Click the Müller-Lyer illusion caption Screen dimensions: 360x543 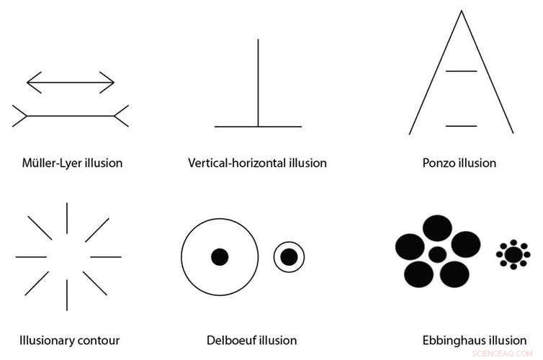pyautogui.click(x=72, y=163)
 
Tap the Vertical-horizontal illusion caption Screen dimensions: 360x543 pyautogui.click(x=258, y=163)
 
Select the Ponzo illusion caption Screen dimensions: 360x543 pyautogui.click(x=459, y=163)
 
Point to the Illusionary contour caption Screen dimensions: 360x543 pyautogui.click(x=69, y=340)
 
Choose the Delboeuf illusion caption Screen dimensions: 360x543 pyautogui.click(x=251, y=340)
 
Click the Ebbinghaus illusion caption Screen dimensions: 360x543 pyautogui.click(x=475, y=340)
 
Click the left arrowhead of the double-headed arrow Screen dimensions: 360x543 pyautogui.click(x=30, y=82)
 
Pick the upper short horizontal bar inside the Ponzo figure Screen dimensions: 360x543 pyautogui.click(x=462, y=71)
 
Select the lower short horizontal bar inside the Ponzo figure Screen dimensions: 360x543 pyautogui.click(x=462, y=126)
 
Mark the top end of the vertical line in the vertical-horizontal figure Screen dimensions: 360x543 pyautogui.click(x=258, y=40)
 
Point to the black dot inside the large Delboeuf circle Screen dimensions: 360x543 pyautogui.click(x=220, y=256)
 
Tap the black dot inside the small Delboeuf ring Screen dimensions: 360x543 pyautogui.click(x=289, y=256)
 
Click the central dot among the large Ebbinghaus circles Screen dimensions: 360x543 pyautogui.click(x=438, y=254)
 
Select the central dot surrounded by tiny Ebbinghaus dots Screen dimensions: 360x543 pyautogui.click(x=513, y=254)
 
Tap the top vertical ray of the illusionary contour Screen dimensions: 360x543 pyautogui.click(x=67, y=217)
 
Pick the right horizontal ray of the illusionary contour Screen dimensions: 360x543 pyautogui.click(x=106, y=256)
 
